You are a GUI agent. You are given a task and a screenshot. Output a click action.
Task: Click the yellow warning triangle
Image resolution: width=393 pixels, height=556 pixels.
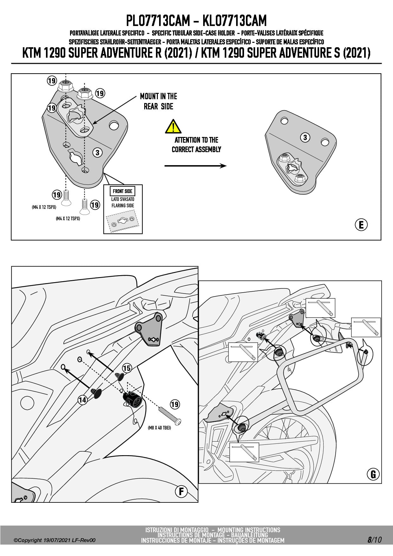click(x=173, y=126)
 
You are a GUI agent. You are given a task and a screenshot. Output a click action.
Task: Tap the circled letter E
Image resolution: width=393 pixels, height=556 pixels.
click(x=361, y=225)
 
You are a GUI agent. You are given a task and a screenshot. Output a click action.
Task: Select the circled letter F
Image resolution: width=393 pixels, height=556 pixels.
click(x=181, y=491)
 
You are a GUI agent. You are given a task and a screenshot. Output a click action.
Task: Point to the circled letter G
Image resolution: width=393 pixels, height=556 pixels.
click(x=373, y=474)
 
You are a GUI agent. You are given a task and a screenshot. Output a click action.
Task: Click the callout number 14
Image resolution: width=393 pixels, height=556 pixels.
click(x=82, y=400)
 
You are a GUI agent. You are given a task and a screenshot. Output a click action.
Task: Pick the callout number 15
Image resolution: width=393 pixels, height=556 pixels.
click(x=127, y=368)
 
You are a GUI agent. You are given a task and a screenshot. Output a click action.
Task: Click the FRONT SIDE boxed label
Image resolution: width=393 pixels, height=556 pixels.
click(x=123, y=191)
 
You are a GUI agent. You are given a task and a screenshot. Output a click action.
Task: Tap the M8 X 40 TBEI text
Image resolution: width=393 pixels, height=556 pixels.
click(x=159, y=428)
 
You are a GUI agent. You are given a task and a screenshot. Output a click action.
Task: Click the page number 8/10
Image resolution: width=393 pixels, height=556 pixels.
click(x=374, y=540)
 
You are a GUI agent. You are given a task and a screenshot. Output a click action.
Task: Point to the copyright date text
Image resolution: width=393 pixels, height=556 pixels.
click(x=54, y=540)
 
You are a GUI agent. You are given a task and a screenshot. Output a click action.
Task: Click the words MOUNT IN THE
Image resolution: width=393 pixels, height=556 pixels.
click(x=158, y=96)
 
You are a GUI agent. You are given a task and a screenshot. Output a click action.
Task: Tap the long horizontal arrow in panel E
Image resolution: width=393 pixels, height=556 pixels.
click(x=195, y=165)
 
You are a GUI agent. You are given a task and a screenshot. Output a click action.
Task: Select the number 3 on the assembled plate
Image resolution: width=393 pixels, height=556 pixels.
click(x=305, y=138)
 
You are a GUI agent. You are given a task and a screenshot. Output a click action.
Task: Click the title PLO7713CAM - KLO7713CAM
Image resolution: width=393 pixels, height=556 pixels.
click(x=196, y=21)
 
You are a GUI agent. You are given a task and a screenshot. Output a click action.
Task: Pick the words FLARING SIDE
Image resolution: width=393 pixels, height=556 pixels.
click(x=123, y=205)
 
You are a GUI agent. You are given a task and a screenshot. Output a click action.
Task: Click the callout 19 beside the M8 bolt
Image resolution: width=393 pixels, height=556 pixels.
click(x=175, y=404)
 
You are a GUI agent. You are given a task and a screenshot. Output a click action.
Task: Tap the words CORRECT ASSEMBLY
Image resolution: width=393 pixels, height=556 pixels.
click(x=196, y=149)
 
